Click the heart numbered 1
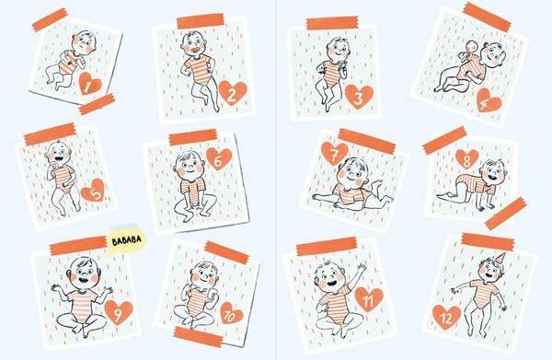(x=90, y=84)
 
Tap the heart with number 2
(x=233, y=93)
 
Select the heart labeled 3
(x=359, y=97)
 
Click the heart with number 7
(x=335, y=154)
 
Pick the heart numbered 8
(x=467, y=159)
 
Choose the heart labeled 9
(x=119, y=312)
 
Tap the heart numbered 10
(x=231, y=313)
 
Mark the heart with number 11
(x=369, y=299)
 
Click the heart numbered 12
(x=446, y=317)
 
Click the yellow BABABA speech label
(x=126, y=240)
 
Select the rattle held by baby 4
(x=465, y=52)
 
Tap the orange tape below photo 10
(x=199, y=337)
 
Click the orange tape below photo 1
(x=97, y=103)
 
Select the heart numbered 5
(x=93, y=191)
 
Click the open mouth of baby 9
(x=84, y=281)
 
